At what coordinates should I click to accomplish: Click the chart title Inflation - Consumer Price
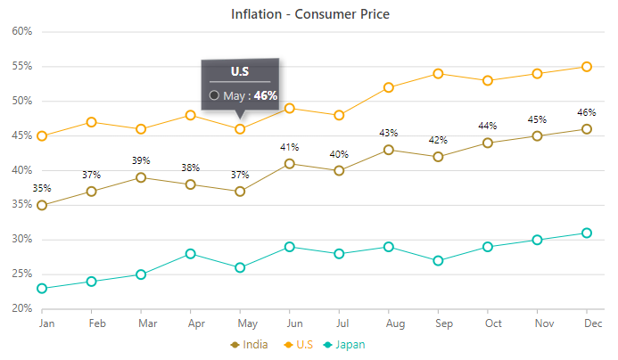coord(309,14)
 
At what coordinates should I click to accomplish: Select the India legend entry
coord(258,344)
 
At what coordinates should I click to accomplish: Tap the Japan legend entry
coord(356,344)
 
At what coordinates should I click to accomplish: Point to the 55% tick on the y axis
coord(21,66)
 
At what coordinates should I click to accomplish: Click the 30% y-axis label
coord(21,240)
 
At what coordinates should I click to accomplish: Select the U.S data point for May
coord(240,129)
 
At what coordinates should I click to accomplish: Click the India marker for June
coord(290,164)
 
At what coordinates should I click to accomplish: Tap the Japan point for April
coord(191,254)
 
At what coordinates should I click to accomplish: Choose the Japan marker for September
coord(438,261)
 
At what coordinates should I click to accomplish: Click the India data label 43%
coord(389,133)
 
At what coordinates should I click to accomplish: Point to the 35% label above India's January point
coord(42,188)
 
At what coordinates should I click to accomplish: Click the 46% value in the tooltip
coord(265,95)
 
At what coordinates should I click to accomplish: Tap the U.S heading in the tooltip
coord(240,70)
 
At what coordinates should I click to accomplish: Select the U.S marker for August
coord(389,87)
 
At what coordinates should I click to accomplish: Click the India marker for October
coord(488,143)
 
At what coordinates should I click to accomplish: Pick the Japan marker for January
coord(42,289)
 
